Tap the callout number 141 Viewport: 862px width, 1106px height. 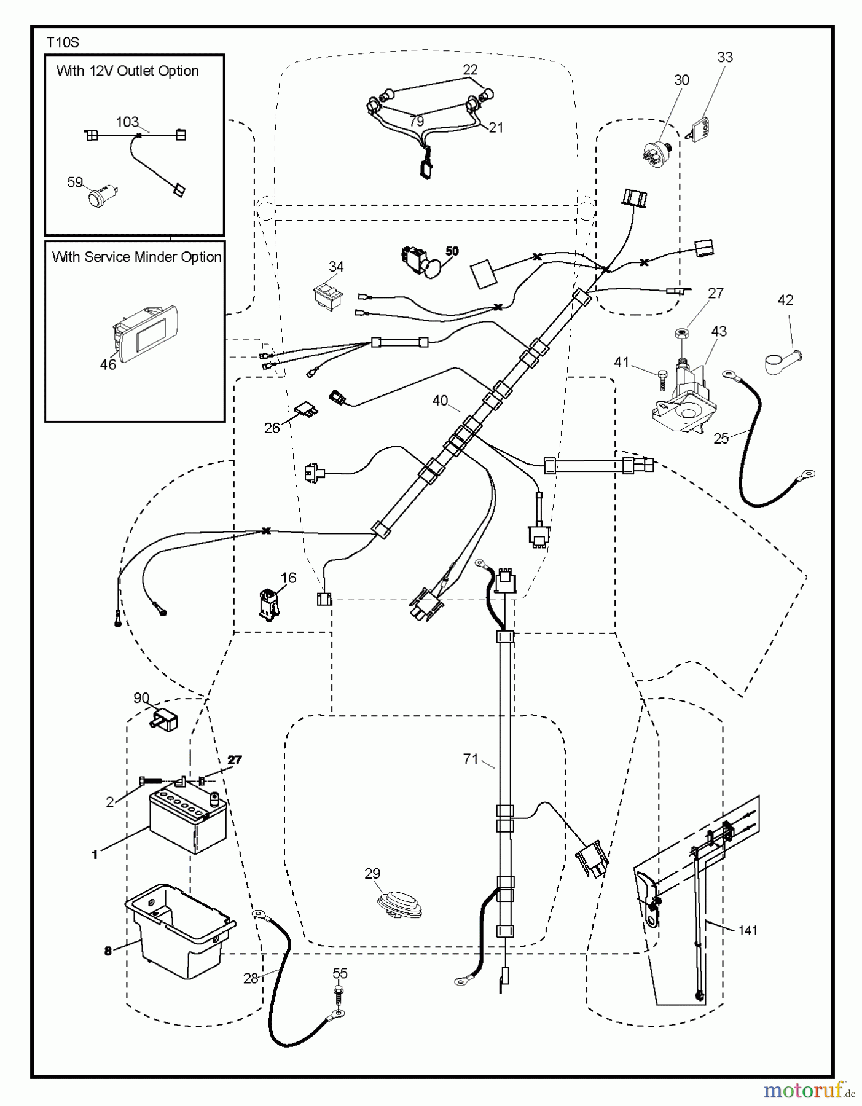click(748, 930)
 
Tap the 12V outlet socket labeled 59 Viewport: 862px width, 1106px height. click(99, 198)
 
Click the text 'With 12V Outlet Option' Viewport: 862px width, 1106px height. click(128, 71)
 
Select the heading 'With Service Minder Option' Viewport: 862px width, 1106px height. click(136, 257)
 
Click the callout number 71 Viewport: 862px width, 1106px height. click(470, 759)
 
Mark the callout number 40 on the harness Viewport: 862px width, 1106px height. click(440, 401)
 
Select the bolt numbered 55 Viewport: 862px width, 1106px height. click(339, 992)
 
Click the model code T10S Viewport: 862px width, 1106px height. click(63, 42)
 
